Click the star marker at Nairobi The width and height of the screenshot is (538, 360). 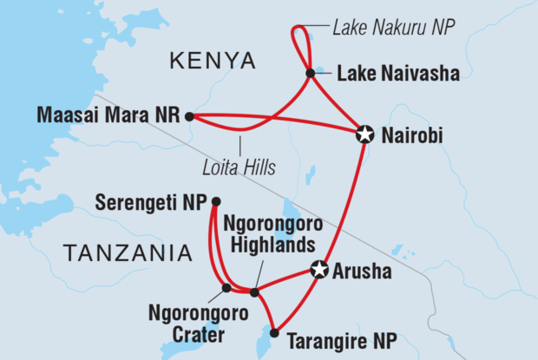tap(365, 134)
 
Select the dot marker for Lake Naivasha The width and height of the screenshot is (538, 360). tap(310, 73)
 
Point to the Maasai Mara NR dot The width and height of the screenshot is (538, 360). tap(189, 115)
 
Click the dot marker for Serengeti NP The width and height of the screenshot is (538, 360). tap(215, 203)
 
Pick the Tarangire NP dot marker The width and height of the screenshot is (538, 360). tap(274, 332)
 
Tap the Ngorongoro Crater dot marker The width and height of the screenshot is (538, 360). tap(226, 287)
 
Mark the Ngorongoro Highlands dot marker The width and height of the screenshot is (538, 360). tap(254, 291)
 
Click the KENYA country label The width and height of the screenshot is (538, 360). tap(213, 61)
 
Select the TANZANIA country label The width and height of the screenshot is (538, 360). tap(127, 253)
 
